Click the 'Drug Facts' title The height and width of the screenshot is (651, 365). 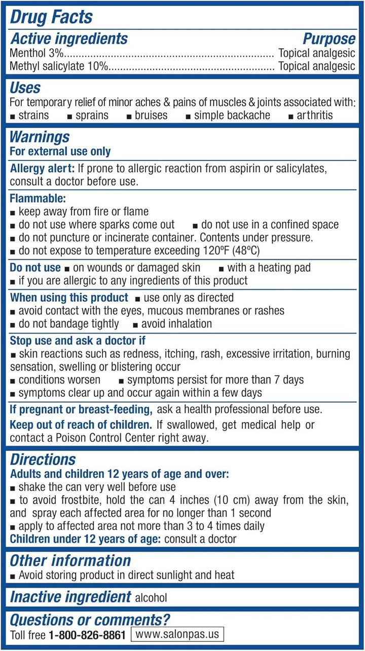[x=52, y=17]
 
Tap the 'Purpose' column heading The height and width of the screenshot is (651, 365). [x=329, y=39]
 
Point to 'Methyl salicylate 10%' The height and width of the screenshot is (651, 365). [x=59, y=66]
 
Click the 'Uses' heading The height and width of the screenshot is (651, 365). [x=25, y=88]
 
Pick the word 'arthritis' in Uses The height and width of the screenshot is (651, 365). [x=315, y=115]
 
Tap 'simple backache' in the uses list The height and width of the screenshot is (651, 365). [x=232, y=115]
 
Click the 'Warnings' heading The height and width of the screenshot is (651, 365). [x=40, y=137]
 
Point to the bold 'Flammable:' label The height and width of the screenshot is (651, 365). [x=38, y=199]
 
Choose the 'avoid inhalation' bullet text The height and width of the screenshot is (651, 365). [x=176, y=323]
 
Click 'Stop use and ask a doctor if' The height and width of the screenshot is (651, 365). [x=78, y=341]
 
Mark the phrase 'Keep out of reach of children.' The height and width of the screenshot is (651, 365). [x=81, y=425]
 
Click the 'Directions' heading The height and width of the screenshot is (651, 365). [x=43, y=460]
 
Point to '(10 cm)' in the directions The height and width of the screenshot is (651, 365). [x=247, y=500]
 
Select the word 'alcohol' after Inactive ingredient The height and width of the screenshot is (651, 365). [x=151, y=598]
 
